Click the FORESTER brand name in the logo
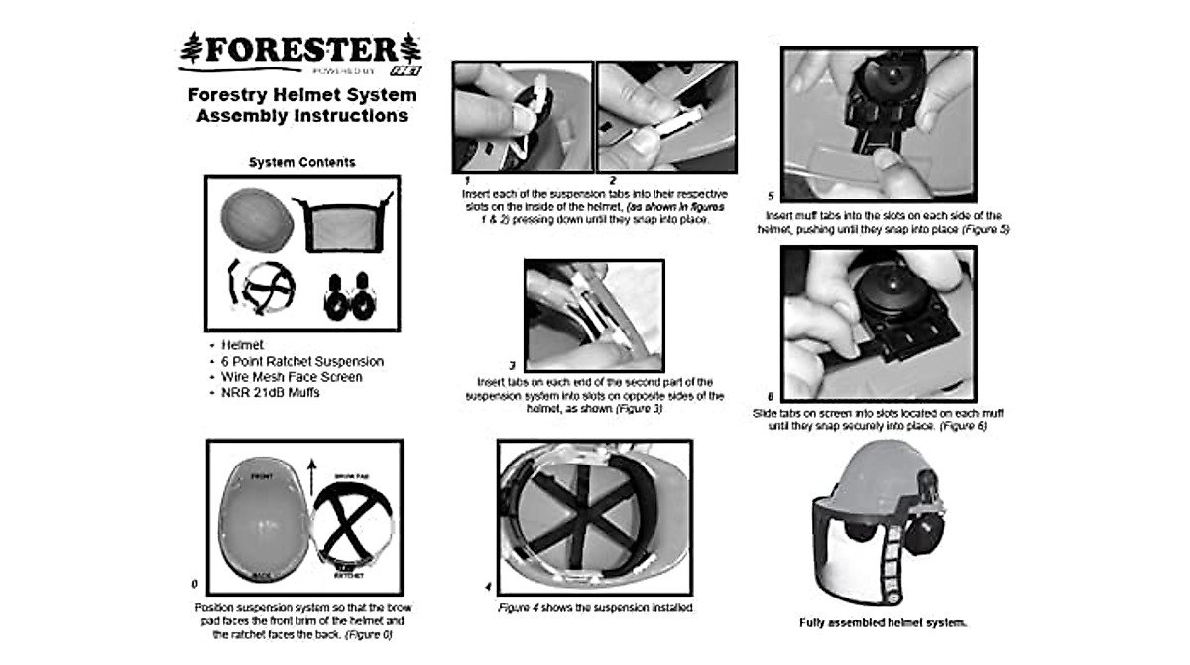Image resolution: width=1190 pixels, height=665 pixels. coord(301,50)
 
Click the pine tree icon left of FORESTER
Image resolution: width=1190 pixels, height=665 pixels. coord(192,49)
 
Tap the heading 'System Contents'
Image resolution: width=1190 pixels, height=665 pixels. coord(301,162)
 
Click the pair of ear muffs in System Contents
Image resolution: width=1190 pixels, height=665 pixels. coord(349,296)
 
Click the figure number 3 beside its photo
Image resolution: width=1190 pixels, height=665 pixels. coord(511,365)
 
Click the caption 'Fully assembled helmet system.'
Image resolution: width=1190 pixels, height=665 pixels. coord(883,623)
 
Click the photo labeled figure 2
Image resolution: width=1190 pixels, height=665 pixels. coord(666,116)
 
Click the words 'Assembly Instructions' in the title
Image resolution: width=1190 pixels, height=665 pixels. coord(301,116)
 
